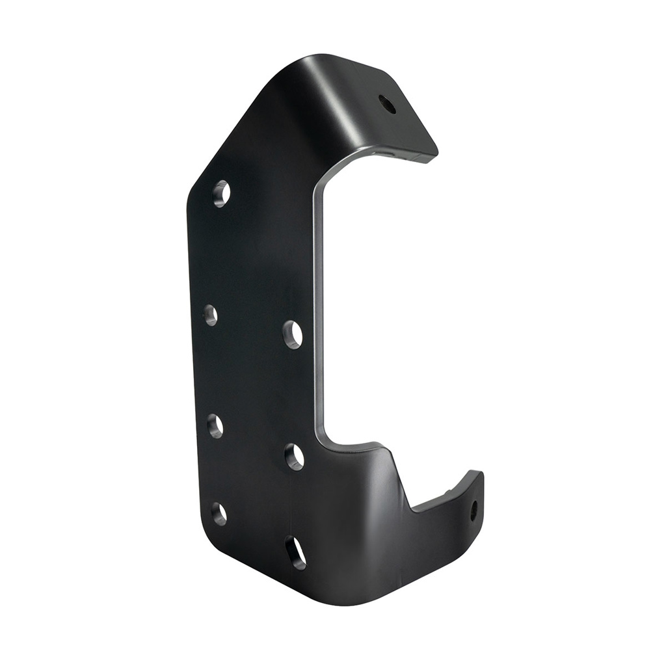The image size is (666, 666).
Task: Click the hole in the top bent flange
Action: [x=388, y=104]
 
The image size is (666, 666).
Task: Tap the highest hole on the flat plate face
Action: [x=221, y=194]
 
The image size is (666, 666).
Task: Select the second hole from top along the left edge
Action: [x=210, y=315]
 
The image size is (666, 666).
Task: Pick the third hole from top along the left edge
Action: [x=215, y=425]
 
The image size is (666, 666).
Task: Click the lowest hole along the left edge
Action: [x=219, y=514]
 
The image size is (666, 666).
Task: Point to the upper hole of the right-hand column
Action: [x=293, y=334]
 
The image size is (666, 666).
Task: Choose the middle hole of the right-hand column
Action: [x=294, y=457]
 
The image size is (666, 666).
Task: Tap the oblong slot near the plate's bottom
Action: [x=295, y=553]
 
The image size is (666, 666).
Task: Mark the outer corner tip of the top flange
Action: [x=434, y=156]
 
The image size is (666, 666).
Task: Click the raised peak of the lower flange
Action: [x=384, y=449]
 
